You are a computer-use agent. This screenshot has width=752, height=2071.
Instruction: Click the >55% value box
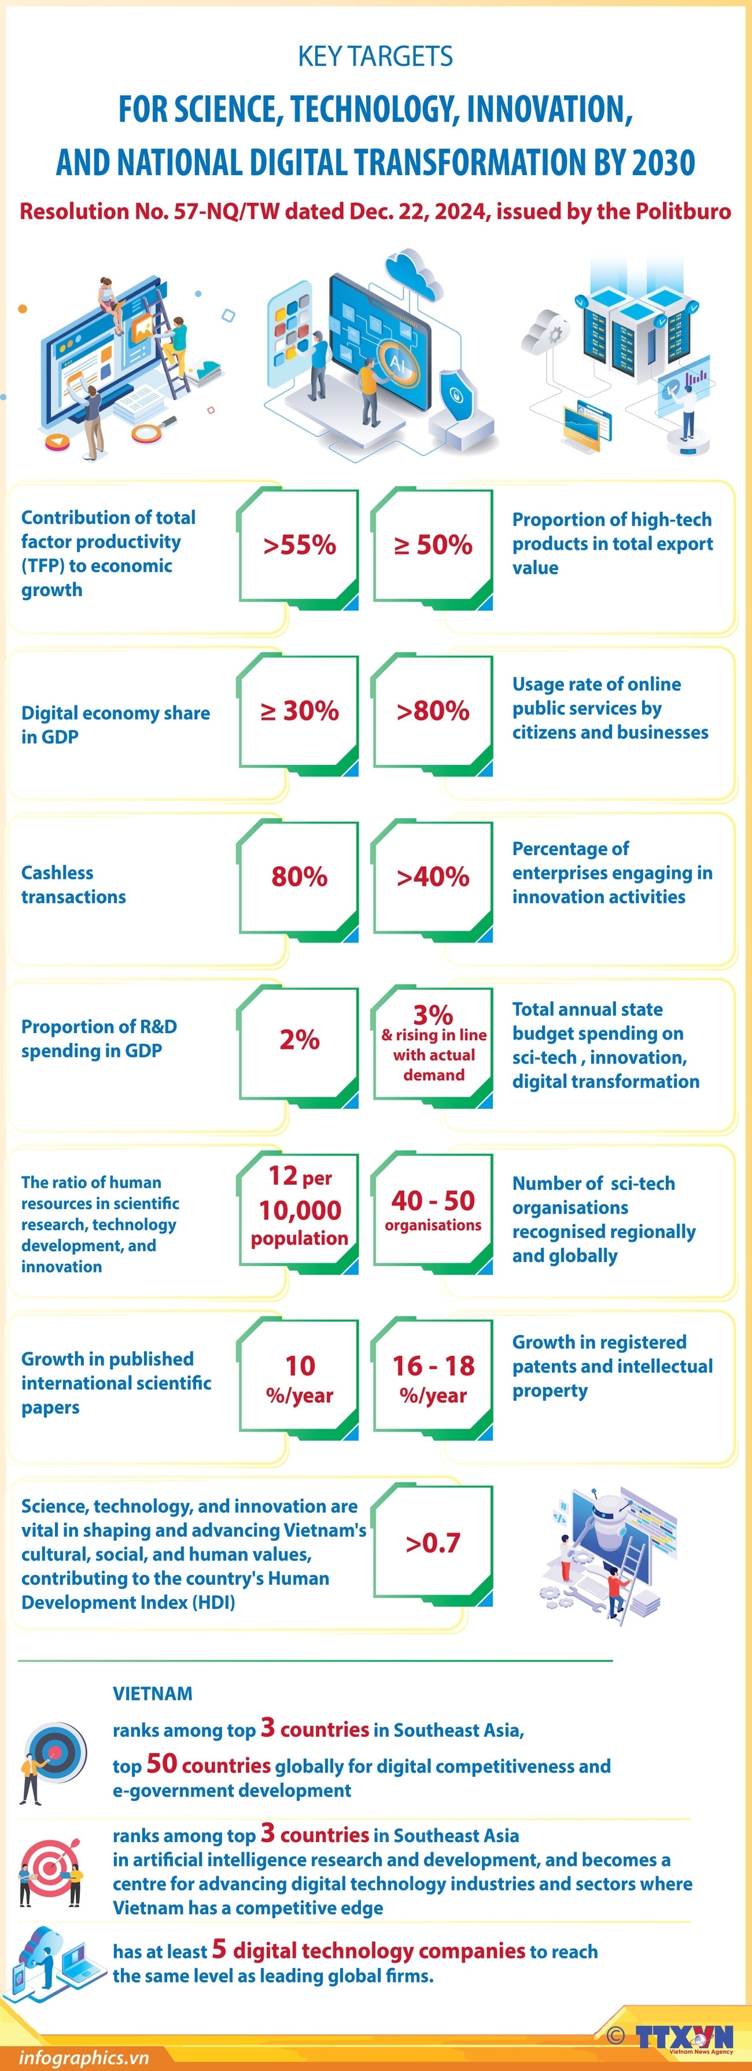point(299,545)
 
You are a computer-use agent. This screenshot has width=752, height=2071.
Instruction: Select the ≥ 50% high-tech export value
point(433,545)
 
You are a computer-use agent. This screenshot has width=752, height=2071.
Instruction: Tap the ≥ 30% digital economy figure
point(299,711)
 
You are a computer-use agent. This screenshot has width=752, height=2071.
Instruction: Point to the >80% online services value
point(433,711)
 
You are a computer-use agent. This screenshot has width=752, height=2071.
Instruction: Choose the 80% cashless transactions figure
point(299,877)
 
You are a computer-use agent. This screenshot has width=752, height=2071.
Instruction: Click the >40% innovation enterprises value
point(433,877)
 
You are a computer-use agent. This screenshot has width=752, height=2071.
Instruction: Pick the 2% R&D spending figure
point(299,1040)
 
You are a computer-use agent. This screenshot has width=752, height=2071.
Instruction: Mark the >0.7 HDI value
point(433,1543)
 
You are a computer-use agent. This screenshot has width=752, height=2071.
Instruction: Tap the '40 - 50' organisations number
point(433,1200)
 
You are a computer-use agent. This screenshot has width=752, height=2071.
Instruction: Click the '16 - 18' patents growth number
point(433,1365)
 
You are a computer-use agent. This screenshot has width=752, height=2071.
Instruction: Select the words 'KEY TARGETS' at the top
point(375,56)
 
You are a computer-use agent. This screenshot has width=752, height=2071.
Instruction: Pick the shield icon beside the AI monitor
point(456,394)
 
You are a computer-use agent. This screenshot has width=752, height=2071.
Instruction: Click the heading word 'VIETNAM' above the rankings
point(152,1694)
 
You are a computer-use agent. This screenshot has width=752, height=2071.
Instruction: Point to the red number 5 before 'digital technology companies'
point(219,1949)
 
